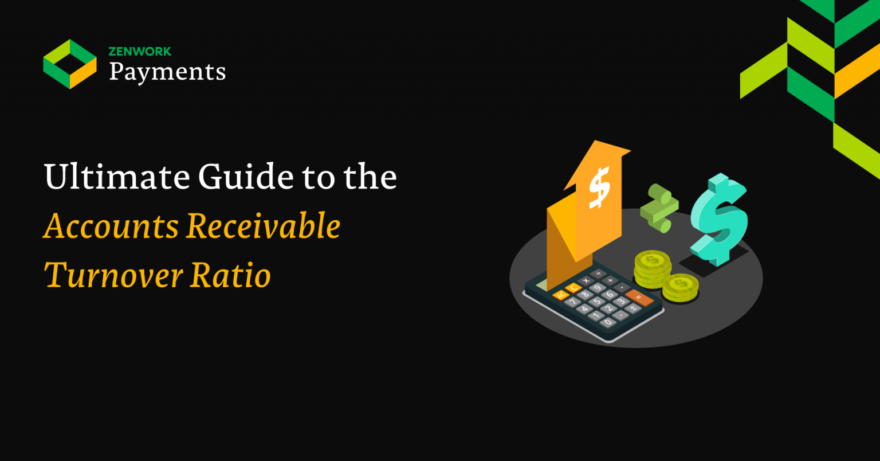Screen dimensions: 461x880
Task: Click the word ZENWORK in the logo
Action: pos(140,52)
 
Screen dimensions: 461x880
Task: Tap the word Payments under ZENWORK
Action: pos(167,72)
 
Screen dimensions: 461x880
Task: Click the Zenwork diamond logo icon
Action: pos(70,64)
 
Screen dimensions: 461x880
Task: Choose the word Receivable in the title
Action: pos(264,226)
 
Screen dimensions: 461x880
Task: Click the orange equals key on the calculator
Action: pos(639,298)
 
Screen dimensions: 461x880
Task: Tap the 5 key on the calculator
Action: pos(597,302)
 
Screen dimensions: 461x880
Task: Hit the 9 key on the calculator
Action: pos(598,287)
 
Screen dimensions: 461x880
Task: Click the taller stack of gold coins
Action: pos(652,268)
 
